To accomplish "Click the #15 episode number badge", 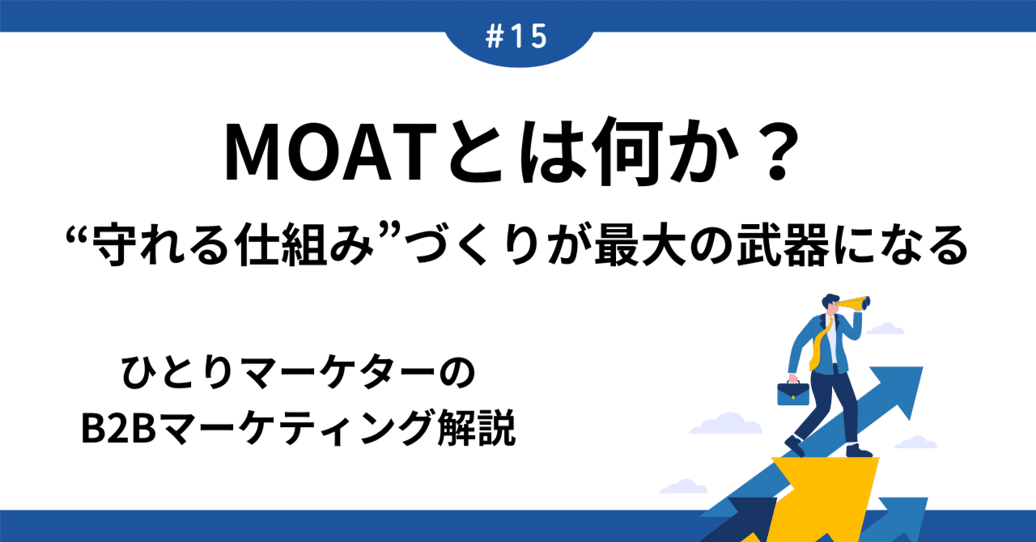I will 518,37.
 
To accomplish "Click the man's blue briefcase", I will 793,392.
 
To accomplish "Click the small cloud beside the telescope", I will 886,328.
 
